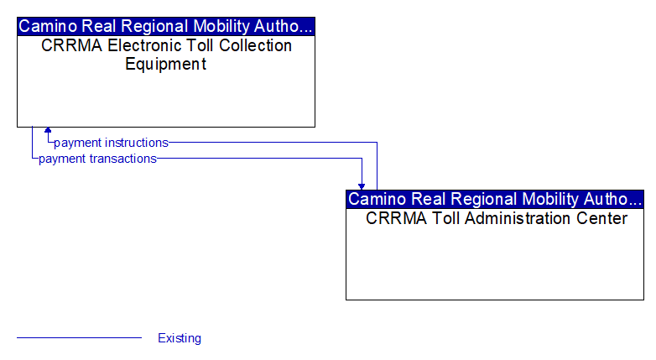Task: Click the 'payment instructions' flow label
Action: tap(111, 143)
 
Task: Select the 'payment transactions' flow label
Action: tap(97, 159)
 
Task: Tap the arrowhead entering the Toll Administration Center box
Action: tap(362, 186)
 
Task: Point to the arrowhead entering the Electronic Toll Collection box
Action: tap(48, 130)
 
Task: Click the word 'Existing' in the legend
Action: tap(180, 338)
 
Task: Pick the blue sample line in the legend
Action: tap(79, 337)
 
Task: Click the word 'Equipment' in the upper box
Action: tap(165, 64)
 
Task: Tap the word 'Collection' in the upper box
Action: tap(255, 45)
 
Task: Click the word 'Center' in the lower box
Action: tap(601, 218)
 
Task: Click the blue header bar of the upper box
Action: tap(166, 26)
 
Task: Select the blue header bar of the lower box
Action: tap(495, 199)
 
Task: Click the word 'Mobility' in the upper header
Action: tap(221, 26)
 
